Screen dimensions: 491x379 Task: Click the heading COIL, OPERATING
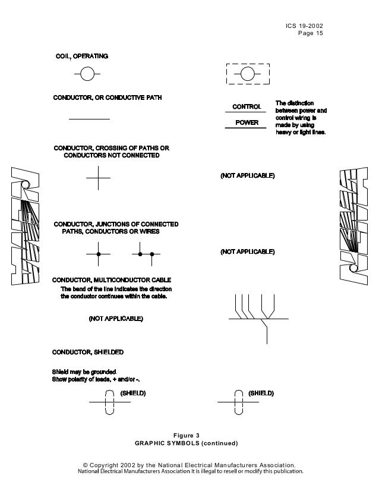pyautogui.click(x=81, y=56)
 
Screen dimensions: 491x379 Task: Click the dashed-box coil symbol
pyautogui.click(x=248, y=74)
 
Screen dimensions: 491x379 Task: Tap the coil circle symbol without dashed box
pyautogui.click(x=87, y=74)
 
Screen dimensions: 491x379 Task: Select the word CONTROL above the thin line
pyautogui.click(x=246, y=107)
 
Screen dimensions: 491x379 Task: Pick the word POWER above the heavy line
pyautogui.click(x=247, y=122)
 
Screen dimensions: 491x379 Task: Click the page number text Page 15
pyautogui.click(x=311, y=33)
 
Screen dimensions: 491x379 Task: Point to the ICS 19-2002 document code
pyautogui.click(x=305, y=26)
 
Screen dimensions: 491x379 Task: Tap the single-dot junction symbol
pyautogui.click(x=99, y=254)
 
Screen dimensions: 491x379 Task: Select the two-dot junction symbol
pyautogui.click(x=146, y=254)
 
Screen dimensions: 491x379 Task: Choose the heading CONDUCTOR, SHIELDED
pyautogui.click(x=88, y=352)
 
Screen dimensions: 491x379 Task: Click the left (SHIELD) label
pyautogui.click(x=133, y=393)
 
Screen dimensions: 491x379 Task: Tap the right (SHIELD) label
pyautogui.click(x=261, y=393)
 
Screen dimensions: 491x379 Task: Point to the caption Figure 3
pyautogui.click(x=187, y=435)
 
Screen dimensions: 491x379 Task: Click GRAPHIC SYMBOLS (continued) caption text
pyautogui.click(x=187, y=443)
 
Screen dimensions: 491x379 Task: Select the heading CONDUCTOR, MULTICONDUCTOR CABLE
pyautogui.click(x=112, y=279)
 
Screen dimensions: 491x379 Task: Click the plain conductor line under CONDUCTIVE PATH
pyautogui.click(x=89, y=119)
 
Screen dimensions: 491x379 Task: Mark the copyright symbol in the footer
pyautogui.click(x=85, y=464)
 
